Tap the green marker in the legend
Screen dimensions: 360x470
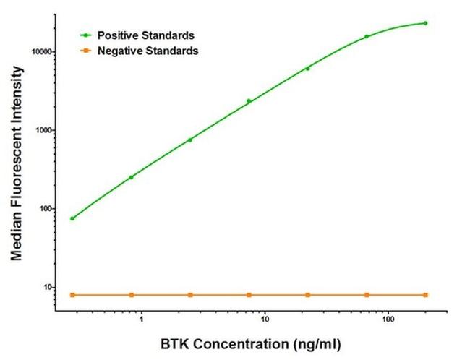86,35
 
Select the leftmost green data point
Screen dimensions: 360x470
72,218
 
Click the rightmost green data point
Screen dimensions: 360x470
425,23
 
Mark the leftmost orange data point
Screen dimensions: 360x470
72,295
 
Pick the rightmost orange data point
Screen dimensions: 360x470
425,295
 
